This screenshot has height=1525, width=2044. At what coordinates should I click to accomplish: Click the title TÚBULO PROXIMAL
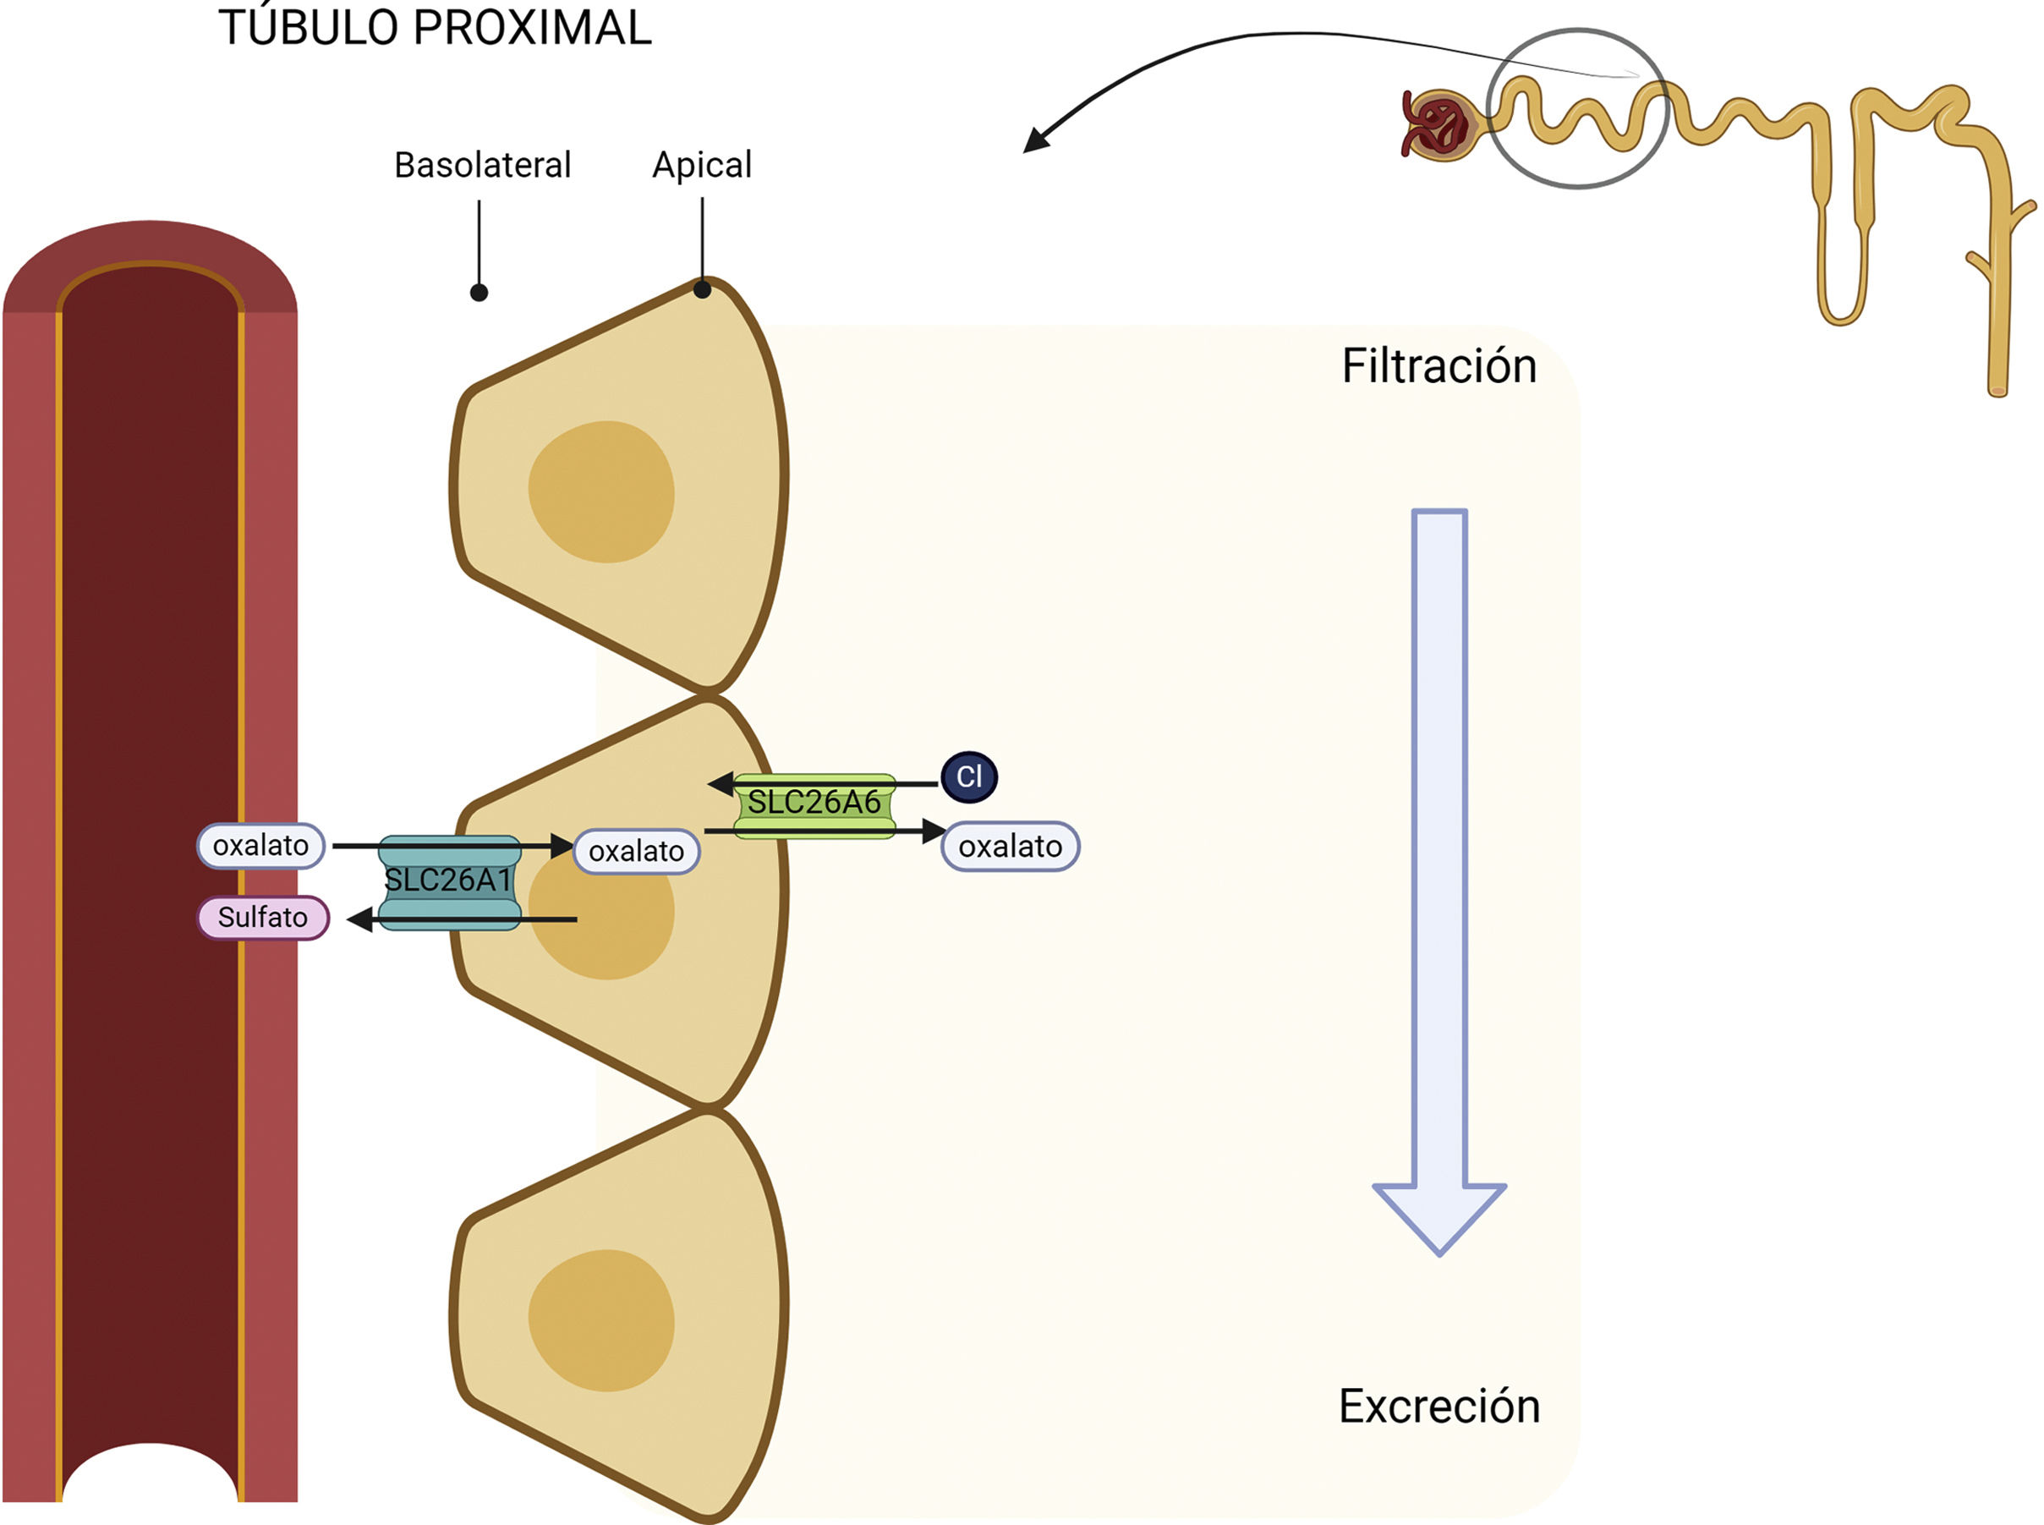[x=435, y=28]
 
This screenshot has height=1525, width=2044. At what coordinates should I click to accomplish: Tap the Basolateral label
[x=483, y=165]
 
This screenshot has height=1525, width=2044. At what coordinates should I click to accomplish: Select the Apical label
[x=702, y=165]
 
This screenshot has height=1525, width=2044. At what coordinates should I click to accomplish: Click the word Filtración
[x=1438, y=365]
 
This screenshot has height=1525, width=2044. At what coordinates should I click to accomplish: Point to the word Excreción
[x=1438, y=1406]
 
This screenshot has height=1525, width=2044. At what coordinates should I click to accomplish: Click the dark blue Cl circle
[x=969, y=776]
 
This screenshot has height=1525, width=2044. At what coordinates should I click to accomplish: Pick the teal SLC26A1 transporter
[x=449, y=881]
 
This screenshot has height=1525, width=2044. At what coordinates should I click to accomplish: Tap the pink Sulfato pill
[x=263, y=918]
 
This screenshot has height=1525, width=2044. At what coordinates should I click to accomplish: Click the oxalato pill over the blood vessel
[x=261, y=846]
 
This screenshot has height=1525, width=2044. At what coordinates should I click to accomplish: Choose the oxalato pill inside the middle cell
[x=637, y=851]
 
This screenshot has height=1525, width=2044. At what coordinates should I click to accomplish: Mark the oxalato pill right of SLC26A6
[x=1011, y=847]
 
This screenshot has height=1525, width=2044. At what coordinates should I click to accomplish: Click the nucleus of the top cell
[x=601, y=491]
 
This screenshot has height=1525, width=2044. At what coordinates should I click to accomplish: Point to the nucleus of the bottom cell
[x=601, y=1320]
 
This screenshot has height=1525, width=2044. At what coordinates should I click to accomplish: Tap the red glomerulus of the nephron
[x=1436, y=124]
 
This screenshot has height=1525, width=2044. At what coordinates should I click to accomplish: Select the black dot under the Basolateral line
[x=479, y=293]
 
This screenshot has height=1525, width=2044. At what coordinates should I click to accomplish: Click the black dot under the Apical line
[x=702, y=290]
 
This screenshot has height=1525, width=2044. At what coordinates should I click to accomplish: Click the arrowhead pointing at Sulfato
[x=360, y=919]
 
